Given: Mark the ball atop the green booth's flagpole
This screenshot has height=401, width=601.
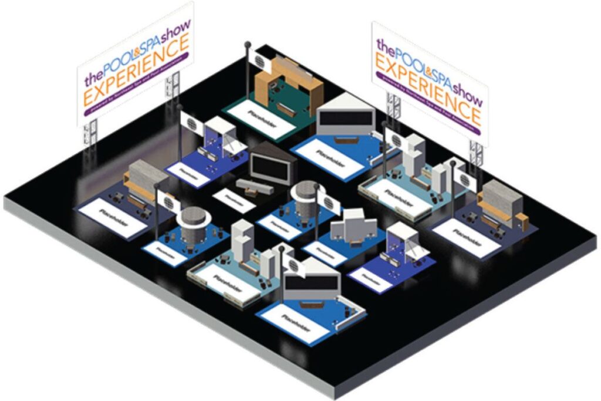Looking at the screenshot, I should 248,43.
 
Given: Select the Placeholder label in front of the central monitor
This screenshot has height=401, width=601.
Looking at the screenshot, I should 234,200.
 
